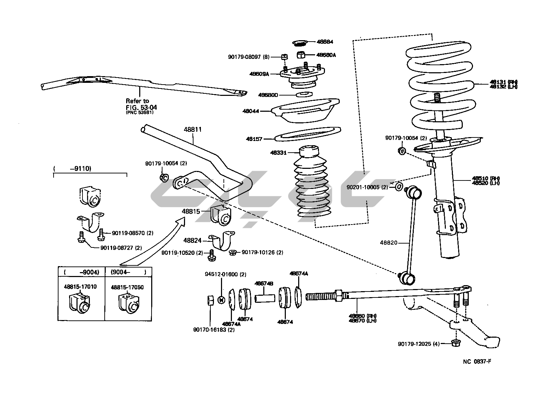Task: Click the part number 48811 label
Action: point(192,129)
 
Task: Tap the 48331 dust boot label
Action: point(278,153)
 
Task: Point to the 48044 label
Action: point(251,111)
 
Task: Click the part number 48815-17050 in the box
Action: point(127,287)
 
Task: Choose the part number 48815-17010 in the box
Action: point(80,287)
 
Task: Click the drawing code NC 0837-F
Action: point(477,362)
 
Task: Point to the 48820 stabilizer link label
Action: point(388,243)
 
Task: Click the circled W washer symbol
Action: point(221,300)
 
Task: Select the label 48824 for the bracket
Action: point(192,240)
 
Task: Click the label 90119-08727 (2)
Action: point(121,248)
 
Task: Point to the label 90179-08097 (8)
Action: point(249,56)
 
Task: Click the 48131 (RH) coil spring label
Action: point(503,82)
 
